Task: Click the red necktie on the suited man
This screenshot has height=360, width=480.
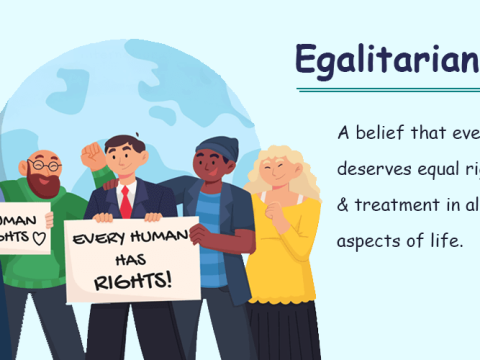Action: pos(126,199)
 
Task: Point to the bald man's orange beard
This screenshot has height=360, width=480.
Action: pos(45,181)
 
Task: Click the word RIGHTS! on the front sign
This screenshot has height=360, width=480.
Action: pos(132,279)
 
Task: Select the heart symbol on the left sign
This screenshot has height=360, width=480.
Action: pos(39,238)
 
